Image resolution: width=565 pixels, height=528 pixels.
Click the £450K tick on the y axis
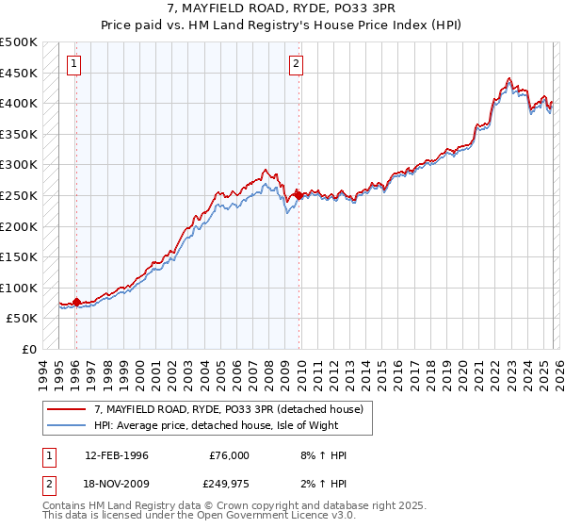pyautogui.click(x=19, y=73)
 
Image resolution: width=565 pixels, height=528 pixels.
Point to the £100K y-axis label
pyautogui.click(x=19, y=288)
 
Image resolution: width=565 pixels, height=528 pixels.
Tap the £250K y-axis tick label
pyautogui.click(x=19, y=195)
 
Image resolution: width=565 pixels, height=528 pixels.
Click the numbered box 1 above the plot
pyautogui.click(x=74, y=64)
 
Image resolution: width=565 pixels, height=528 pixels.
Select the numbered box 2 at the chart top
pyautogui.click(x=296, y=64)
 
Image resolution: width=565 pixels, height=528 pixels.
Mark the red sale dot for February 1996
pyautogui.click(x=76, y=302)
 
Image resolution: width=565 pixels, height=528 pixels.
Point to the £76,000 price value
pyautogui.click(x=229, y=455)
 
